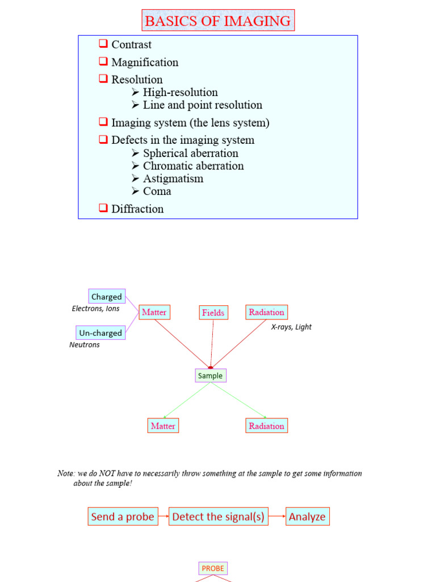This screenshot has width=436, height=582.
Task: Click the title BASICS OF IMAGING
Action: click(x=218, y=21)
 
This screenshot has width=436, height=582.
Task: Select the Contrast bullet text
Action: click(x=131, y=44)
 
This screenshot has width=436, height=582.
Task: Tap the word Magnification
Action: click(x=145, y=62)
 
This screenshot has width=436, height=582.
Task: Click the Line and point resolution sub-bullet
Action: click(x=202, y=105)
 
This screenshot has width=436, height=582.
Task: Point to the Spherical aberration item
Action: click(x=190, y=153)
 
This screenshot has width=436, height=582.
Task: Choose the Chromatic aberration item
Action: click(x=193, y=165)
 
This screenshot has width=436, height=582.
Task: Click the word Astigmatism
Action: click(x=173, y=178)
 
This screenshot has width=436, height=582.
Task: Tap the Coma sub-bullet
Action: click(x=157, y=191)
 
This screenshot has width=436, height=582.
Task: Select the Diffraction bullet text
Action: click(x=137, y=209)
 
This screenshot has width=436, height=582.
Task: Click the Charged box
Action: click(x=107, y=297)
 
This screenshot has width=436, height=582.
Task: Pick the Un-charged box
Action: click(x=100, y=333)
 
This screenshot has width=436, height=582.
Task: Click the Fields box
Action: click(x=213, y=313)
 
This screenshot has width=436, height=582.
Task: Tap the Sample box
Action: click(x=210, y=376)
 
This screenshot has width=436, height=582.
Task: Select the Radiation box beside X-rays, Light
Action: click(x=266, y=312)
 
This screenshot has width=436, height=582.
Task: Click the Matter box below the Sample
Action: click(x=163, y=426)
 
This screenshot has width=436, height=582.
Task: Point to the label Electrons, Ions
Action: click(x=95, y=309)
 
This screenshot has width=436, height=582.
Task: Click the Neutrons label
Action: click(x=85, y=345)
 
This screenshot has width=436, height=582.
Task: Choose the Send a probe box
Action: click(x=123, y=517)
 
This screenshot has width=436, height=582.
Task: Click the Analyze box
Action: click(x=307, y=517)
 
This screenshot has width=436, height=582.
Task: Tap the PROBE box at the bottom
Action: click(x=213, y=568)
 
